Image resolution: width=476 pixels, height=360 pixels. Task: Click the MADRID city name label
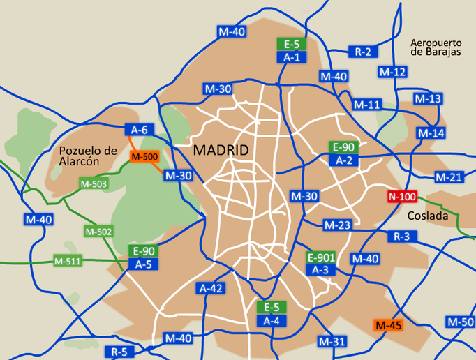(x=221, y=150)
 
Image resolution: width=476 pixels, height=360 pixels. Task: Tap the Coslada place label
(x=427, y=216)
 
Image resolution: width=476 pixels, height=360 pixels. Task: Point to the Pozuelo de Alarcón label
(x=88, y=156)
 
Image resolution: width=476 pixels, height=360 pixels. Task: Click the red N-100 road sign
(x=403, y=196)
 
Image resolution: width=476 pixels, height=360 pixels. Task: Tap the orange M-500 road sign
(x=144, y=156)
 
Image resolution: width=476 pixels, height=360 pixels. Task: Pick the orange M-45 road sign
(x=389, y=325)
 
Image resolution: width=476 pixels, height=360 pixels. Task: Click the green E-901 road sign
(x=321, y=257)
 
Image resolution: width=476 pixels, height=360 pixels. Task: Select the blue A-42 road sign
(x=211, y=287)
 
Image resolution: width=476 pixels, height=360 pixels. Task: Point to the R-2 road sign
(x=363, y=52)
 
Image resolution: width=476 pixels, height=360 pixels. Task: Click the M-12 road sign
(x=392, y=72)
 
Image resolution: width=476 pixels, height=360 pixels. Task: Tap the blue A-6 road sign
(x=139, y=129)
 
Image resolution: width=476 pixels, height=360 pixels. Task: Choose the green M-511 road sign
(x=68, y=262)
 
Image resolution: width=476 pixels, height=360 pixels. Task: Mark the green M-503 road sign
(x=94, y=183)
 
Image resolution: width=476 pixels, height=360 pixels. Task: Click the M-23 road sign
(x=337, y=225)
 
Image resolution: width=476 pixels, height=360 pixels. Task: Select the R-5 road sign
(x=119, y=351)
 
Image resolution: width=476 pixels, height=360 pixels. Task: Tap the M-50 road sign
(x=460, y=322)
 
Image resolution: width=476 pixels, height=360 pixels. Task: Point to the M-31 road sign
(x=332, y=341)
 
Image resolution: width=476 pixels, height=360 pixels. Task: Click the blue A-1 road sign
(x=291, y=57)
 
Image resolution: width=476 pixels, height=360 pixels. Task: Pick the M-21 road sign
(x=449, y=177)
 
